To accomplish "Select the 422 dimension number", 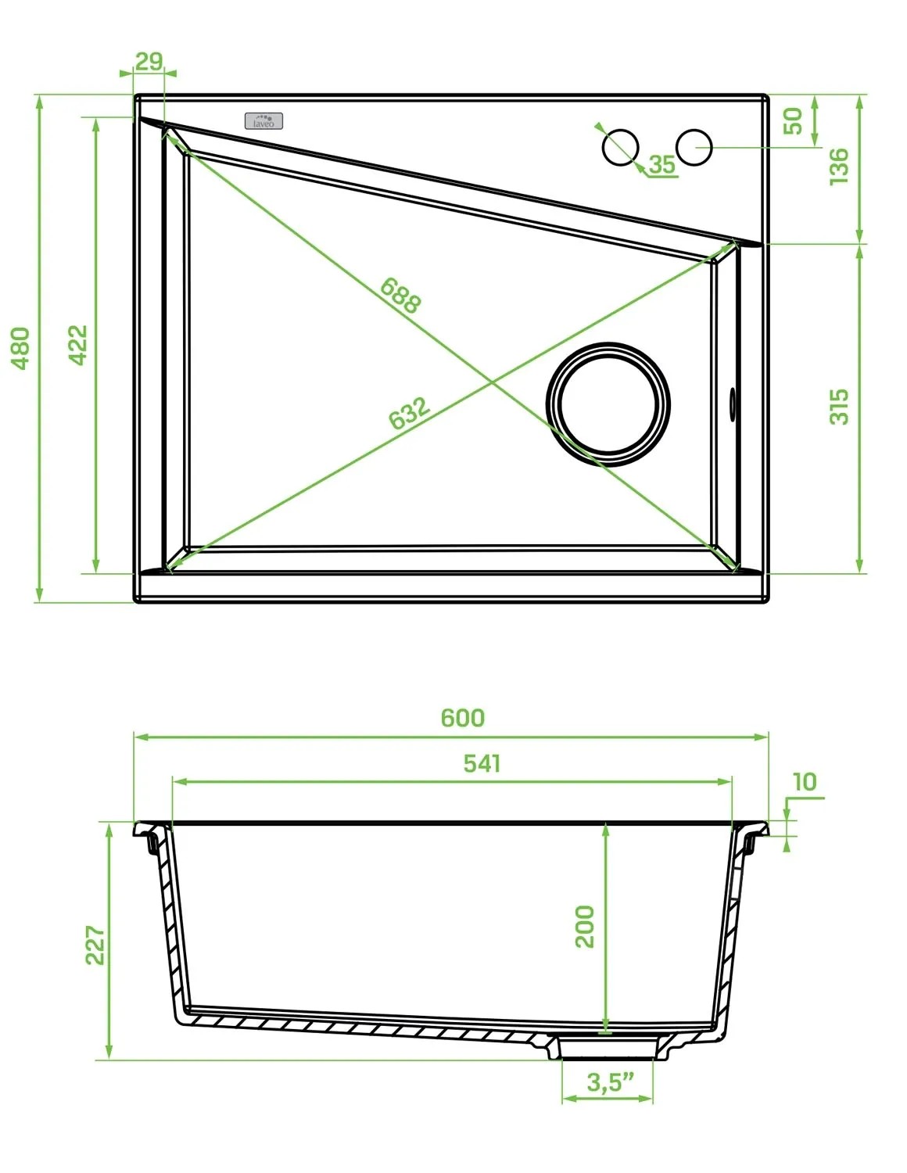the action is pos(77,345).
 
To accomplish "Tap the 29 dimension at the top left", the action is pos(149,62).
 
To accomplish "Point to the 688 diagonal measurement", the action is pos(400,296).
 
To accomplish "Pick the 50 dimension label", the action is pos(793,121).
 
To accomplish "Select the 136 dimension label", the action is pos(839,167).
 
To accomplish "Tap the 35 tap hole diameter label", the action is pos(661,164).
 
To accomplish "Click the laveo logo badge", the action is pos(263,121).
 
